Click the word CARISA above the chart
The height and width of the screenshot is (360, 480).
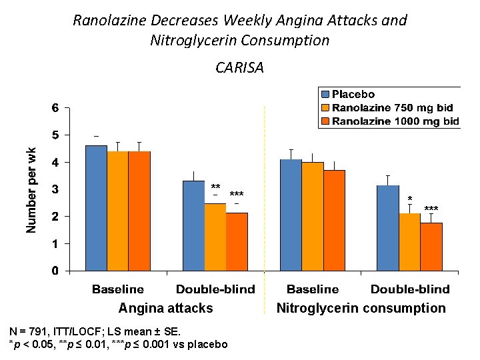(239, 67)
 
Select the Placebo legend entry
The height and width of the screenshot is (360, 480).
(353, 95)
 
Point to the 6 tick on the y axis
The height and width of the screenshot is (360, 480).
(56, 108)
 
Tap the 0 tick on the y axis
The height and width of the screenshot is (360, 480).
(56, 271)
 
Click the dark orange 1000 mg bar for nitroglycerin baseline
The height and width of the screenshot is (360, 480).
(334, 220)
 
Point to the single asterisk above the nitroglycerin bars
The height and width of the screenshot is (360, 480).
(409, 199)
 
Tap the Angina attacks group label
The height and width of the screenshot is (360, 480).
(165, 308)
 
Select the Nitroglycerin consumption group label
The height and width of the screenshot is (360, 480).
(361, 308)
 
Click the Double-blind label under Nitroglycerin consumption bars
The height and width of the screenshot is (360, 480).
(409, 289)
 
